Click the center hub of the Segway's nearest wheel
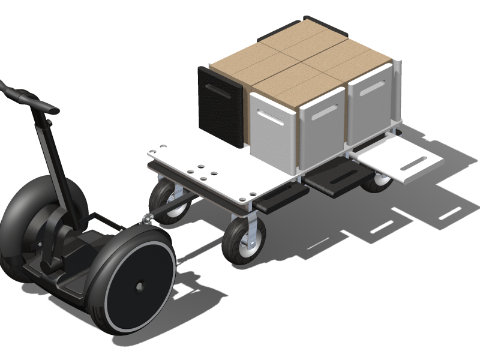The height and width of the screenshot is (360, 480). click(139, 287)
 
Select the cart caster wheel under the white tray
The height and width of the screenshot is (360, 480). click(378, 180)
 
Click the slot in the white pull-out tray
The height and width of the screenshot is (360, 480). click(415, 162)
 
